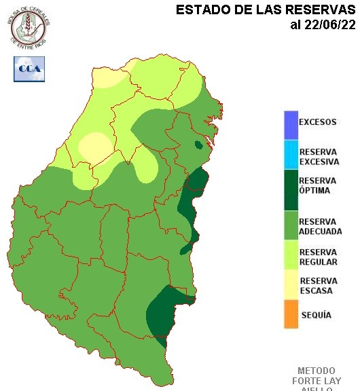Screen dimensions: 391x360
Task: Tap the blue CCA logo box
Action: click(29, 69)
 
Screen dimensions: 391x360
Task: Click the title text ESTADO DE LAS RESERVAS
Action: click(266, 10)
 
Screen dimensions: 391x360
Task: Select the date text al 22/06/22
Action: click(323, 26)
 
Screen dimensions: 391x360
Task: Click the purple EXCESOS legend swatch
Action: click(291, 124)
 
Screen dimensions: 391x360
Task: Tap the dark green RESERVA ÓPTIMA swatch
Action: click(291, 191)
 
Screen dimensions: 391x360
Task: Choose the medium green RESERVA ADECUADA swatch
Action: click(291, 226)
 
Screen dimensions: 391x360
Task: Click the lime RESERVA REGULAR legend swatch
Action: click(291, 260)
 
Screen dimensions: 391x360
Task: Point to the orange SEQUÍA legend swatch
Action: click(291, 315)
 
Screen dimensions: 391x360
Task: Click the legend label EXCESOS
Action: click(318, 123)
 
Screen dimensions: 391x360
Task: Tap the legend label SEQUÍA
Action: click(316, 316)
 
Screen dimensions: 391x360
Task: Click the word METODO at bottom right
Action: click(317, 371)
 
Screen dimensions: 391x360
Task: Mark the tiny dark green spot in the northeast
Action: click(198, 145)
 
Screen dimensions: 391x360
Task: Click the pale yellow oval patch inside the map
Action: click(95, 147)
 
